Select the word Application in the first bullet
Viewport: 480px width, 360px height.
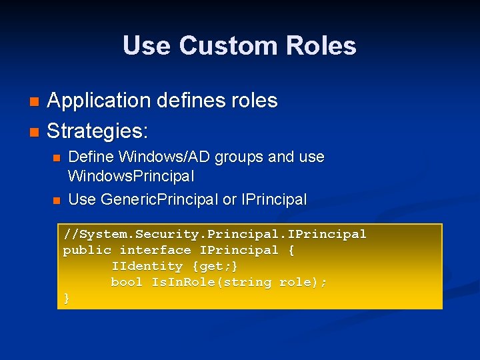coord(99,101)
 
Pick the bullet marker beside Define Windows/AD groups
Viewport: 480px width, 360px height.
coord(57,158)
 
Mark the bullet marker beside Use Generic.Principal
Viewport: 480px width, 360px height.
coord(57,199)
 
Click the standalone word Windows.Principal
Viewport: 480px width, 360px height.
coord(131,177)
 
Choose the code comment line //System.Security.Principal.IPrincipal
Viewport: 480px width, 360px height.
coord(215,234)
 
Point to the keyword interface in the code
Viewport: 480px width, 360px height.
coord(155,250)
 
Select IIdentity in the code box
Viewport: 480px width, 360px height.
coord(147,266)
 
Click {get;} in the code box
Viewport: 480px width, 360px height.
coord(215,266)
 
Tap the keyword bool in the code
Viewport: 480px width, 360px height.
coord(127,282)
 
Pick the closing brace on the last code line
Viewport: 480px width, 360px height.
coord(67,298)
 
